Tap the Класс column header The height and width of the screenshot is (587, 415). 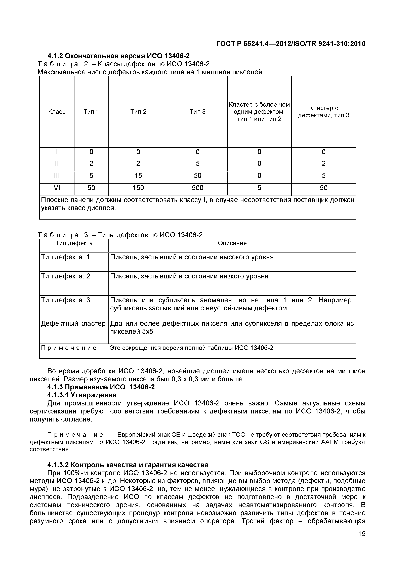click(57, 112)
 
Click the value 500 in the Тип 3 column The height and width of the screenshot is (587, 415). click(197, 188)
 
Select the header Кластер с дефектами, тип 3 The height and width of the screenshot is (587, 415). click(323, 112)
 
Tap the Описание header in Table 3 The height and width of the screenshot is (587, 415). click(232, 243)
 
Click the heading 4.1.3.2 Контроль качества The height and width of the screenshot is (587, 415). click(128, 465)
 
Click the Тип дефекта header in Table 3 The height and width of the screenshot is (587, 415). click(74, 243)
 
